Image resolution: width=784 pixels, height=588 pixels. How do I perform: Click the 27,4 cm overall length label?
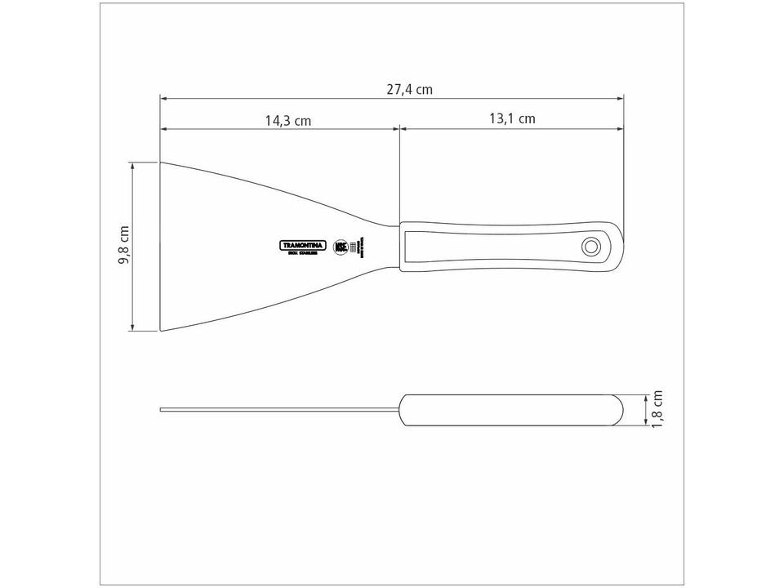click(409, 90)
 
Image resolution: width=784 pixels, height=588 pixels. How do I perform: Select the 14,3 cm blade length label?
click(287, 121)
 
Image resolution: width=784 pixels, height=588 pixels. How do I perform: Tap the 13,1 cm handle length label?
click(512, 118)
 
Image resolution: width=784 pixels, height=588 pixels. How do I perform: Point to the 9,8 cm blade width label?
click(125, 245)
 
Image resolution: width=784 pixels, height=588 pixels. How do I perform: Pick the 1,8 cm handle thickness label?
click(659, 408)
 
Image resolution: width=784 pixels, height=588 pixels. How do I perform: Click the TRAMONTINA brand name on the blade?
click(303, 244)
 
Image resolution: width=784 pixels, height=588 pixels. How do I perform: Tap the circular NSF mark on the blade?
click(341, 246)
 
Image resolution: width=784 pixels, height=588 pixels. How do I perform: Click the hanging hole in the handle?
click(590, 246)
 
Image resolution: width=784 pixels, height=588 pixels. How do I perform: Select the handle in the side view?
click(510, 409)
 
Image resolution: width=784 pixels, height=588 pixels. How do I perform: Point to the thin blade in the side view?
click(278, 409)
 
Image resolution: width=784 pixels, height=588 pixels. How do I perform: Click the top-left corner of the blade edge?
click(161, 163)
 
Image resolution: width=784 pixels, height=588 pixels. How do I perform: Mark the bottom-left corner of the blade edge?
click(161, 331)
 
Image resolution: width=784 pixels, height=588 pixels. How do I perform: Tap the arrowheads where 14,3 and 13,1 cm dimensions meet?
click(399, 129)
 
